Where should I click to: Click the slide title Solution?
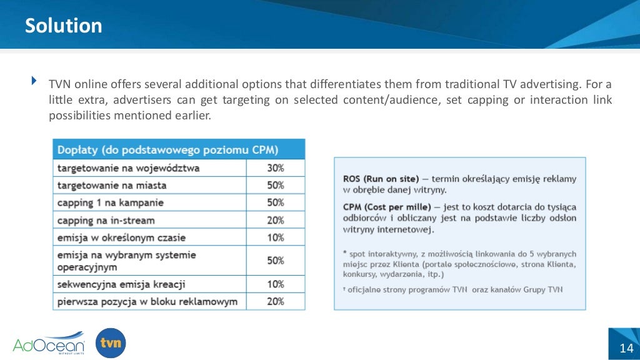63,26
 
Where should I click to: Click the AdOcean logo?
49,343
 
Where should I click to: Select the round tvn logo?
111,343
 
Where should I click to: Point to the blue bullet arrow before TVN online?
34,81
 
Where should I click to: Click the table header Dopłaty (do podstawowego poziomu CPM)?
168,150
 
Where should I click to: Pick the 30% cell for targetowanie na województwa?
276,168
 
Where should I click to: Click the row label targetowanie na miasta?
112,186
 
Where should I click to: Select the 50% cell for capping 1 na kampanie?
276,202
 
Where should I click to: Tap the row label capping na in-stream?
106,220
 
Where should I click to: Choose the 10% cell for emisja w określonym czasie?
276,237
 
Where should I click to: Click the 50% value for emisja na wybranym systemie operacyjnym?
276,261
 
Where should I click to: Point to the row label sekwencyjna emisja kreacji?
121,284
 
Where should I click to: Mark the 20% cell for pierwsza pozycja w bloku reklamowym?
276,301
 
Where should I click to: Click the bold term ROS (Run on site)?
381,179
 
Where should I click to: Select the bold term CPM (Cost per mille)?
385,207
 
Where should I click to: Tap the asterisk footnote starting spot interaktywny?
459,264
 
